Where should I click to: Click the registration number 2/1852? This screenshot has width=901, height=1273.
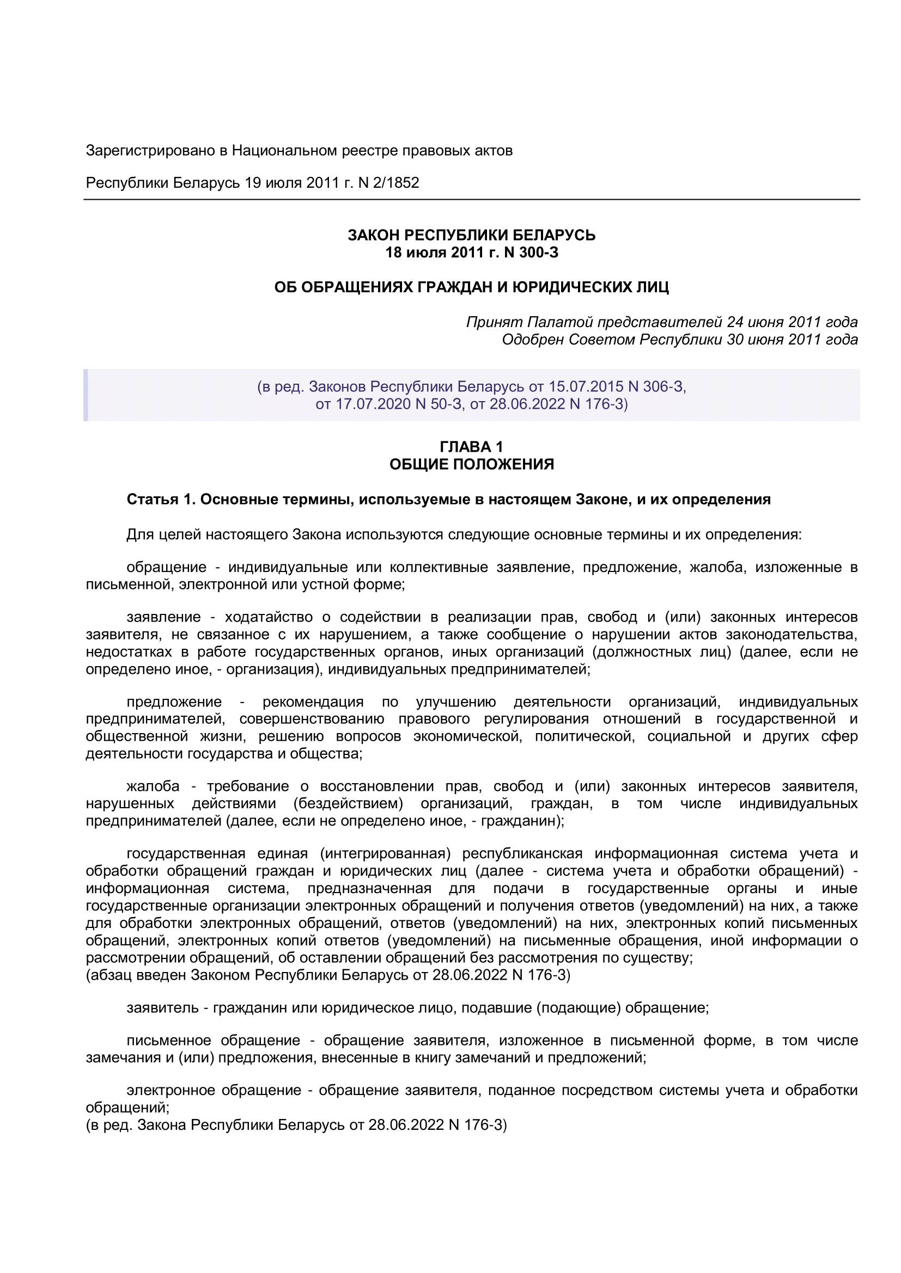(395, 183)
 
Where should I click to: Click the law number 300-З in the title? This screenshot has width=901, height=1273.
(538, 253)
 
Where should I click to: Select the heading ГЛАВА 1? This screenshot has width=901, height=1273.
(471, 447)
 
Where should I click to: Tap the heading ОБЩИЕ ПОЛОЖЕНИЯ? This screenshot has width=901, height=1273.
(471, 464)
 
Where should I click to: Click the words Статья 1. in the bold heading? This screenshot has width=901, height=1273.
(161, 500)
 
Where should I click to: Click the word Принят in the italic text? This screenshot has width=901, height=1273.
(494, 322)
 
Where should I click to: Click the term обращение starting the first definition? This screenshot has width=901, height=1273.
(167, 567)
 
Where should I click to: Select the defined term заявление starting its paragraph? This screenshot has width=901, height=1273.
(163, 617)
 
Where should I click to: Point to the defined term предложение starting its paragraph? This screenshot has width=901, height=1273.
(174, 702)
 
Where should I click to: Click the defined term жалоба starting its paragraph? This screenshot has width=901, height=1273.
(153, 786)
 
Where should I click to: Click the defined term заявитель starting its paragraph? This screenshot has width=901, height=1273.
(162, 1007)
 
